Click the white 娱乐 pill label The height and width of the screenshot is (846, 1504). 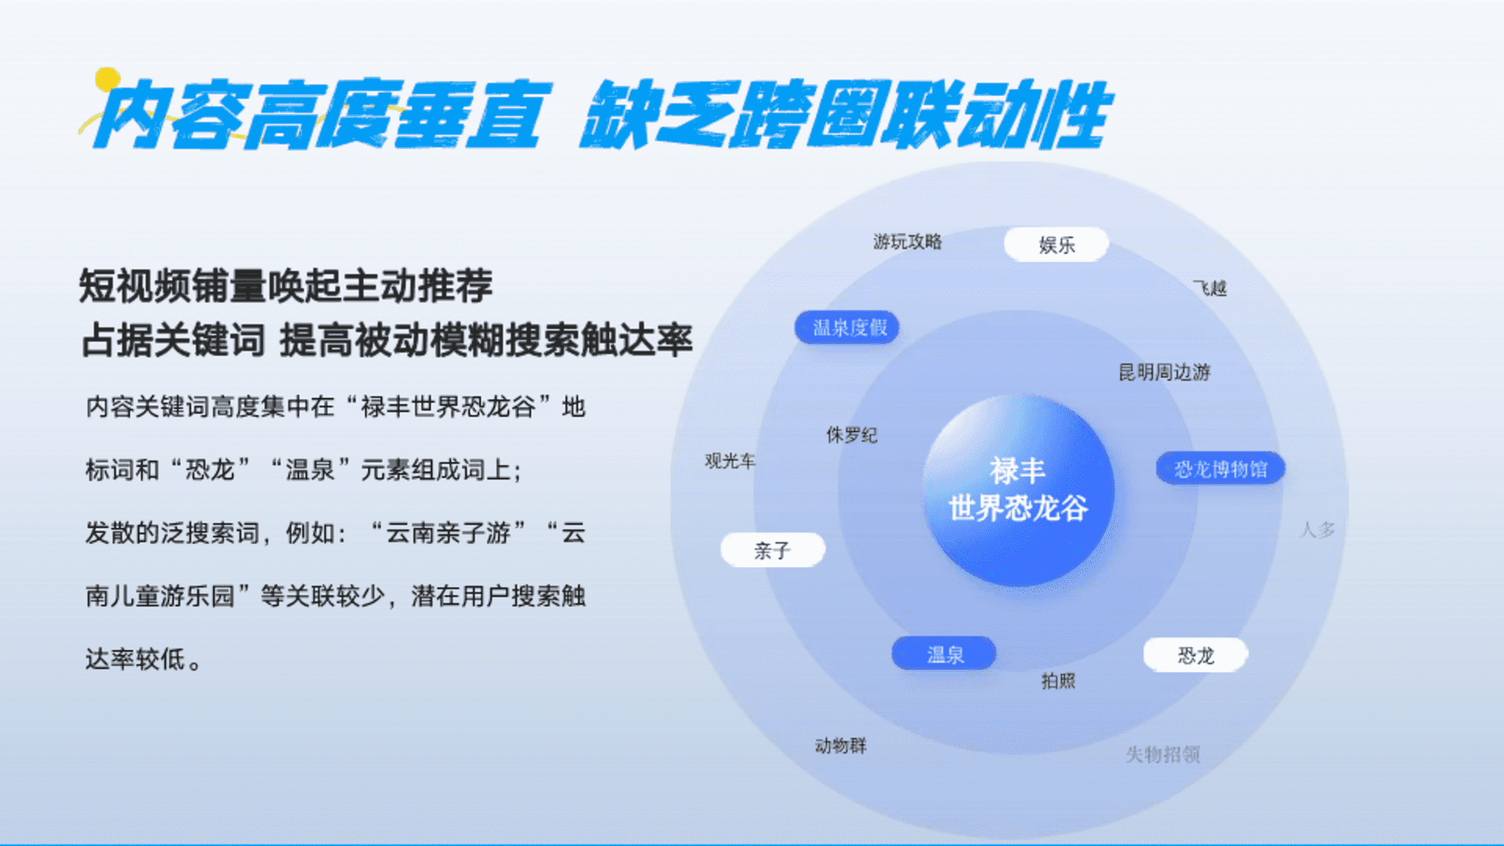pos(1056,244)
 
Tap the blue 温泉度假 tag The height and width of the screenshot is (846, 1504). pos(847,327)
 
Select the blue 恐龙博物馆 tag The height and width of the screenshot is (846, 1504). pos(1220,468)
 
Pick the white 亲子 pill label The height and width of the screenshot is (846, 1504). pos(772,550)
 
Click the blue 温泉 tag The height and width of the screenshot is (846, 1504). pos(944,653)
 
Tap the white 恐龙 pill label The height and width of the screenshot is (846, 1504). pos(1195,655)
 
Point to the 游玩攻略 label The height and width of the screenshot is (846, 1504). pos(907,241)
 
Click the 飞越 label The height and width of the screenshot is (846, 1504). pos(1210,288)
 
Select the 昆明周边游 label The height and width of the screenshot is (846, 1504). pos(1164,372)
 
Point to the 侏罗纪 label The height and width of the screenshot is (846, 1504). pos(851,435)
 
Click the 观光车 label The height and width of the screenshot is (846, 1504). pos(730,461)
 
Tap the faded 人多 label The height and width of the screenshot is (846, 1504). pos(1317,530)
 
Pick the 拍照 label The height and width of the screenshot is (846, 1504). pos(1058,681)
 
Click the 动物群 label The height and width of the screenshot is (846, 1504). pos(841,745)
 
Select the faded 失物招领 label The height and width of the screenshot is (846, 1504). pos(1162,754)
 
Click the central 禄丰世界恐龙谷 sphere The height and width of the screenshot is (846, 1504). pos(1018,490)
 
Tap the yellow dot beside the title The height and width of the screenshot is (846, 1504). pos(107,79)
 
